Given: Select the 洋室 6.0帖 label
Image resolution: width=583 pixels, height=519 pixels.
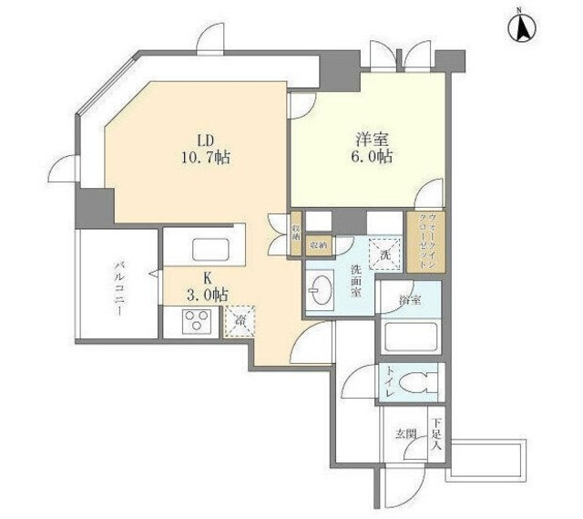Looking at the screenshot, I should click(x=373, y=149).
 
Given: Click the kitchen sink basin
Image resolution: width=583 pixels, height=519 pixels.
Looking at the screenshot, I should click(x=214, y=249).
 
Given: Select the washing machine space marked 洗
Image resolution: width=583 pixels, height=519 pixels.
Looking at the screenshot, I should click(x=384, y=253).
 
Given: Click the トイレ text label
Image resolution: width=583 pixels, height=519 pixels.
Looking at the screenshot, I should click(x=390, y=383).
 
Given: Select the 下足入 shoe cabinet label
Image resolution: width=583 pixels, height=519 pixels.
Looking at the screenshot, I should click(x=436, y=434).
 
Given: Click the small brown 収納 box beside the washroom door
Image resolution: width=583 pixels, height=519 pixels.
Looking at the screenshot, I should click(x=318, y=244).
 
